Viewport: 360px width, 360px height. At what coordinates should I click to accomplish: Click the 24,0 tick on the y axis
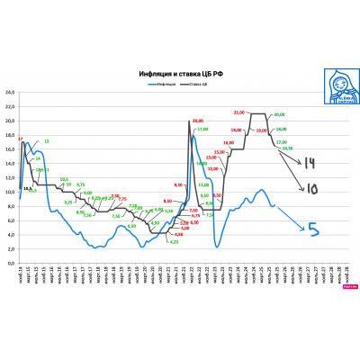[x=10, y=93]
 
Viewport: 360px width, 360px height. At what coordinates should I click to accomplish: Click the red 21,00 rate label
[x=238, y=112]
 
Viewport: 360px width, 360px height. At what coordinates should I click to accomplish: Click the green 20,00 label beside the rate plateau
[x=279, y=114]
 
